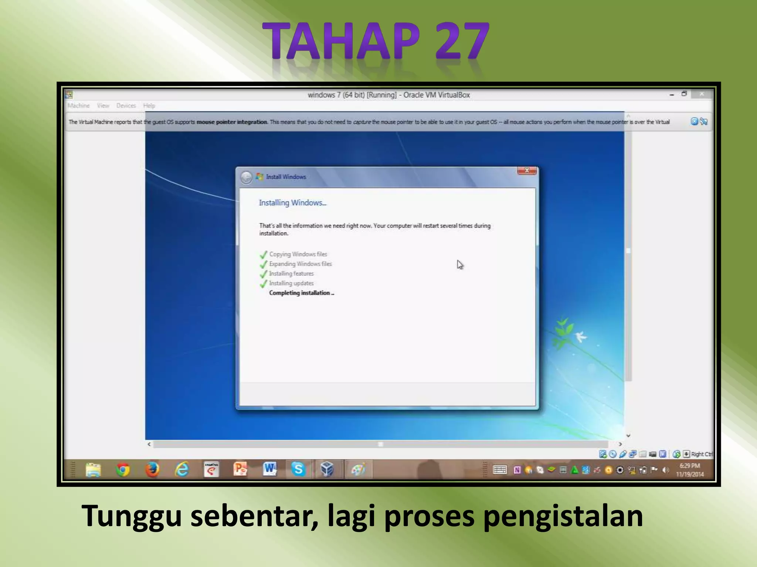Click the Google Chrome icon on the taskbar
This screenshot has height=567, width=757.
point(123,470)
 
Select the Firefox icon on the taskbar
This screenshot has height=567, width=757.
point(152,470)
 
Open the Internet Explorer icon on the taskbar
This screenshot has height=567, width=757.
point(182,470)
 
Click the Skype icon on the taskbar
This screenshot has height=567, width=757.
point(298,470)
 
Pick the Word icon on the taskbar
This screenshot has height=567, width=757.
point(269,470)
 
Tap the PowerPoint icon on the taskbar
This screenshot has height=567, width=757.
point(240,470)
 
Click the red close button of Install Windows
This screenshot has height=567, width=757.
point(527,171)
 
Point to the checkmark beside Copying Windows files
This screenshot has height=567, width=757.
point(264,254)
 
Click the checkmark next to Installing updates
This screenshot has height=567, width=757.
point(264,283)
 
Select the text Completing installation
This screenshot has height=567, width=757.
point(301,293)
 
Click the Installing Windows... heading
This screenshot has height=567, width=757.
point(292,203)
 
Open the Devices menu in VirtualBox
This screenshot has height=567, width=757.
point(126,106)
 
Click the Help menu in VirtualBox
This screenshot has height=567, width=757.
point(149,106)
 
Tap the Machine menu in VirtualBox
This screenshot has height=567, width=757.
point(78,106)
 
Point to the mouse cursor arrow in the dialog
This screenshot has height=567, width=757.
point(459,264)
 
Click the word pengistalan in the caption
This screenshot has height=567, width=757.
point(563,516)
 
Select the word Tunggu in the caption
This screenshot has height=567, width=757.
point(132,516)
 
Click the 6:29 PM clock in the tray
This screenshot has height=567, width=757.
point(690,466)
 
